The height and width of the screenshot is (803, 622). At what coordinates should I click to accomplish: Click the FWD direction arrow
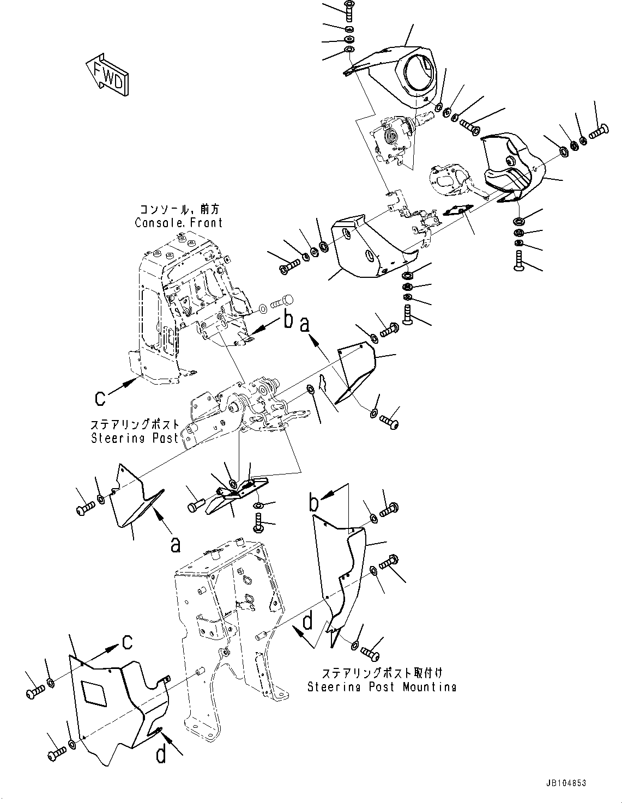107,75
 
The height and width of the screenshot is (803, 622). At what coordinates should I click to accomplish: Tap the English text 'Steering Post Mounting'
382,687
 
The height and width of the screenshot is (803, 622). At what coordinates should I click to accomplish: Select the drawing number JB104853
565,783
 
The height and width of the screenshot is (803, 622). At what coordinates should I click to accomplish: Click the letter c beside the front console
100,399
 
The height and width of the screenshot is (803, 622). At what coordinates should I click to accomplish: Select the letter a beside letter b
305,324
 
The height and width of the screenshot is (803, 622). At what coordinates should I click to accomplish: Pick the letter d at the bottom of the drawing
162,755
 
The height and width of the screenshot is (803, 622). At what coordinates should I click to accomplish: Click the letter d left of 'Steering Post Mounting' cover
308,622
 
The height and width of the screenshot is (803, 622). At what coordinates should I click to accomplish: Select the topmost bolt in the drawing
349,9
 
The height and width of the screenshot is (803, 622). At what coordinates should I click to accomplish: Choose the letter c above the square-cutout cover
127,643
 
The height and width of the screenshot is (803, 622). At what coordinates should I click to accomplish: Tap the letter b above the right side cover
314,503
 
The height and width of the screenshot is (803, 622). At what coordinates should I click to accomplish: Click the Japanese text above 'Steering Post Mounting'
382,673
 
